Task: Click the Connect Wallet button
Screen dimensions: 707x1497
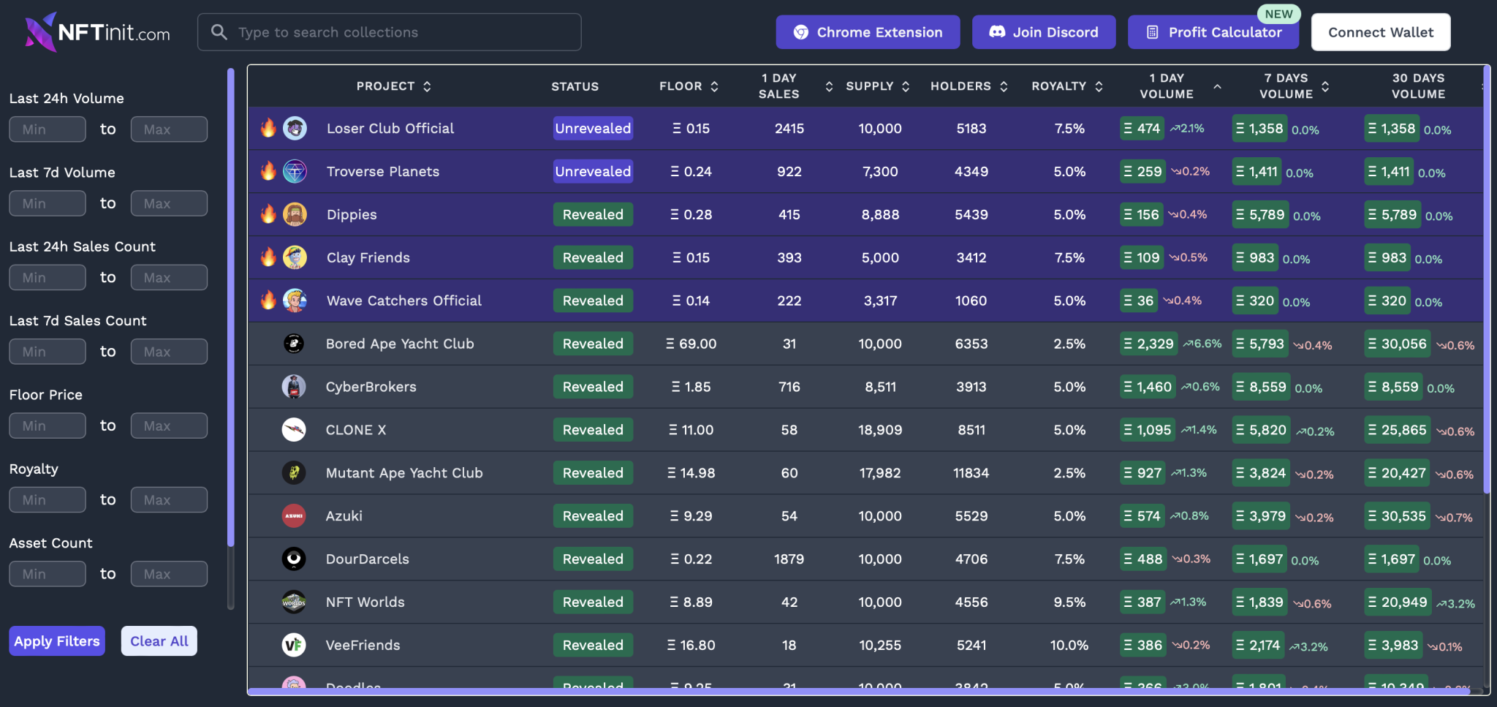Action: pos(1380,32)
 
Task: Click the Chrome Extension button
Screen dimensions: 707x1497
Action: pos(868,32)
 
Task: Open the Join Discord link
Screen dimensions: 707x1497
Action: pos(1043,32)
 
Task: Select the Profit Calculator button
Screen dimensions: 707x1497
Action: pos(1213,32)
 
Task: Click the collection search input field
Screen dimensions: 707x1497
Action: pos(389,32)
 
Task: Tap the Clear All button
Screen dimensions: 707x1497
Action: pos(159,641)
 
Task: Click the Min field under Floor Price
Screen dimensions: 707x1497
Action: pos(48,426)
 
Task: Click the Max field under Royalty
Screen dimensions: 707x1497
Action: pos(169,500)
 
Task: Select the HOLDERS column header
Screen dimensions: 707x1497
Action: pos(960,86)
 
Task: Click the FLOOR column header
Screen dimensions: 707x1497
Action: pos(681,86)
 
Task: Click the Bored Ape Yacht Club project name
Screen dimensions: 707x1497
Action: pos(400,344)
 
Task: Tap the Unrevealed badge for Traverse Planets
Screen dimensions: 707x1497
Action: pos(593,171)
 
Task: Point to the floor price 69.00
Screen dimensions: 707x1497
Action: pos(691,344)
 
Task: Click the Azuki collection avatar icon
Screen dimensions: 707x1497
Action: pos(294,516)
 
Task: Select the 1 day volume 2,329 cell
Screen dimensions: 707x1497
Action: pos(1148,344)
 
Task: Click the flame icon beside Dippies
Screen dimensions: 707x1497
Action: pos(268,214)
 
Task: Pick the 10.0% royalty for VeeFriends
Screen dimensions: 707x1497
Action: pos(1069,645)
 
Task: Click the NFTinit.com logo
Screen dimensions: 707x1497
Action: pos(97,32)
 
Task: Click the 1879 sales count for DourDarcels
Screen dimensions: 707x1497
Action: pos(789,559)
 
